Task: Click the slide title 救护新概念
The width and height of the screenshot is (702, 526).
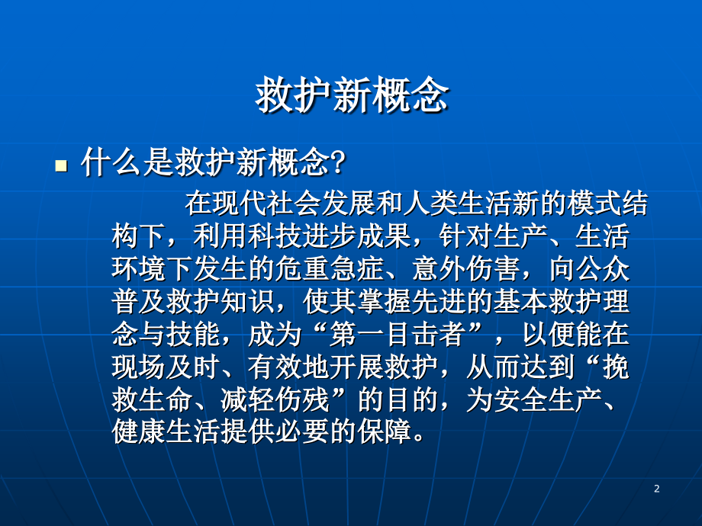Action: (351, 98)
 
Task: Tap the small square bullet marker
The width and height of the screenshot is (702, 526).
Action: (62, 165)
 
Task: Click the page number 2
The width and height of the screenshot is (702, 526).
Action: (656, 489)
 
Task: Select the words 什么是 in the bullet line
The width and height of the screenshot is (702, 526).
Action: (119, 164)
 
